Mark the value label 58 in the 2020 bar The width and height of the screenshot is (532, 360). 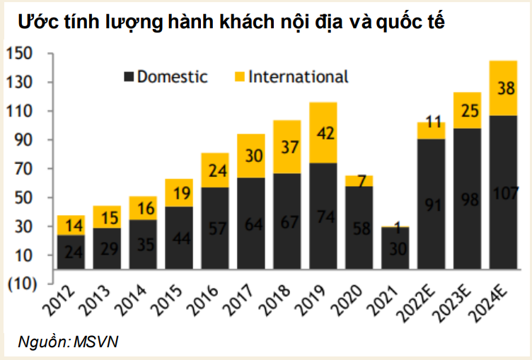[x=359, y=228]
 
